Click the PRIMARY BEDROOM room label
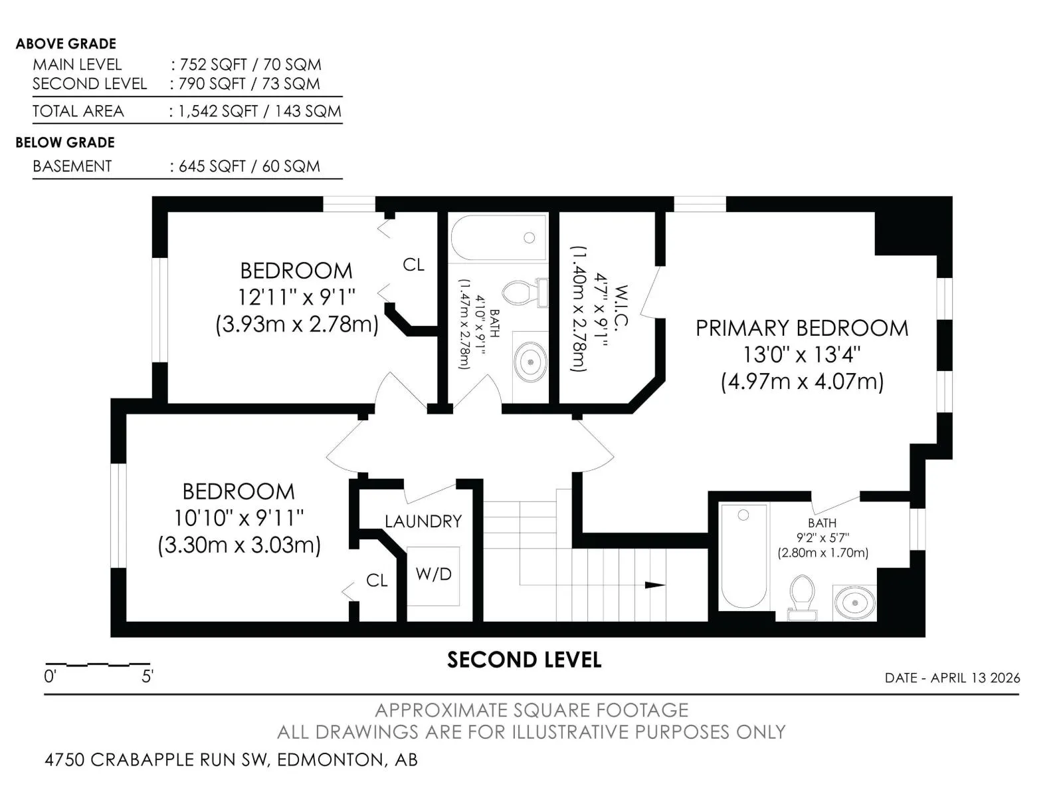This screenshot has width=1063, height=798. [801, 328]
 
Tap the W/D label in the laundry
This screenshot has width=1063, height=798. [433, 574]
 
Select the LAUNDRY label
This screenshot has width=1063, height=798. [423, 521]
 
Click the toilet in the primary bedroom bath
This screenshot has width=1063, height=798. [802, 597]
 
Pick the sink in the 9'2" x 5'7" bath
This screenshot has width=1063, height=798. [855, 602]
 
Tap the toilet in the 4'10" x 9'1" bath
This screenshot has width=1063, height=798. [525, 293]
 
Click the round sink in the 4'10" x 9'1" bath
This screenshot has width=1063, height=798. [531, 362]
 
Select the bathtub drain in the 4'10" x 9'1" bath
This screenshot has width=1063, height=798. [530, 237]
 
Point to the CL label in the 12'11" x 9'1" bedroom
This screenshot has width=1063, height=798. [414, 265]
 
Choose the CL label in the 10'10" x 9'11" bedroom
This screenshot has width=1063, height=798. [377, 580]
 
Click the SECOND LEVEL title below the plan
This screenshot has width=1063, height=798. [524, 660]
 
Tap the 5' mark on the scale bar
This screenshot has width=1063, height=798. [147, 676]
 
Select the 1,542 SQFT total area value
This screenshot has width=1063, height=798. [218, 111]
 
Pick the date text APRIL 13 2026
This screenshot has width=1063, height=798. [975, 678]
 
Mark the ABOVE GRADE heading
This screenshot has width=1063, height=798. [66, 44]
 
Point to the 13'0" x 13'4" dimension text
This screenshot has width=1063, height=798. [802, 354]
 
